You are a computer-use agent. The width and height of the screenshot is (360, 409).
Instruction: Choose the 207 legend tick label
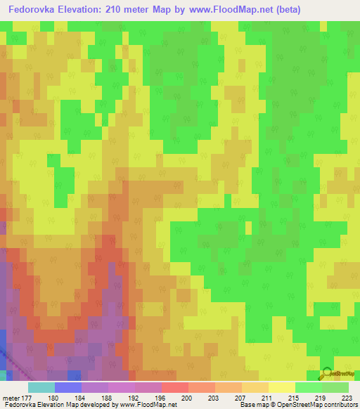tap(241, 398)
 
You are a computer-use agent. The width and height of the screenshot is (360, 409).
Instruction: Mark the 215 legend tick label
tap(294, 398)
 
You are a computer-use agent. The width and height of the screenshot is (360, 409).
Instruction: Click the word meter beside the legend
tap(11, 398)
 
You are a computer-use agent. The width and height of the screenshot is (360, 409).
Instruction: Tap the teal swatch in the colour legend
tap(41, 387)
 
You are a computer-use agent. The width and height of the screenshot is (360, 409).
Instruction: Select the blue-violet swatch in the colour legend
tap(68, 387)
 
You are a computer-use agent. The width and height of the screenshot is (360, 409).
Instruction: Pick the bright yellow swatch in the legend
tap(281, 387)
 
